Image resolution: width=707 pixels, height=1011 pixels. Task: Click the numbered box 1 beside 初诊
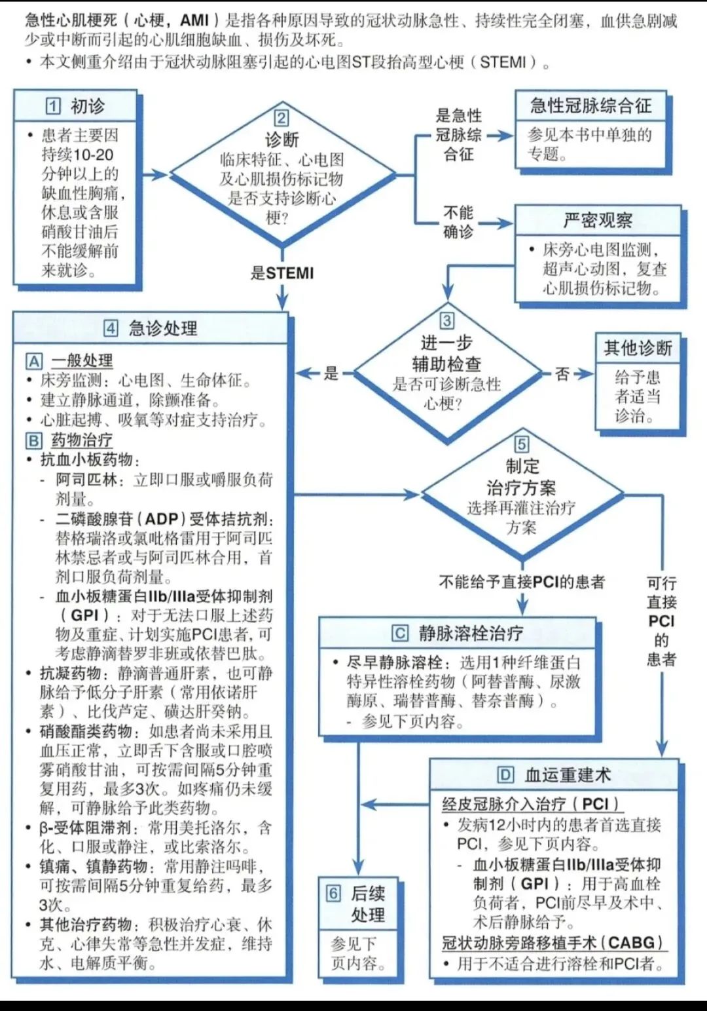point(53,107)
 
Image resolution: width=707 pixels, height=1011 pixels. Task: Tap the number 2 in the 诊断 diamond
point(281,118)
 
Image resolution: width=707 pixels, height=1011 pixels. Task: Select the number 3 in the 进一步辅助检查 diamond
point(446,320)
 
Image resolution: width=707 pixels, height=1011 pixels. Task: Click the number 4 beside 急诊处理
point(111,328)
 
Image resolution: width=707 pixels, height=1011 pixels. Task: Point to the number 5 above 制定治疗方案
point(522,444)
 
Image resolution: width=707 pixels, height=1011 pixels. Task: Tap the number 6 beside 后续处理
point(333,893)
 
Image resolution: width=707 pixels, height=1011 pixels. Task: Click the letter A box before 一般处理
point(34,361)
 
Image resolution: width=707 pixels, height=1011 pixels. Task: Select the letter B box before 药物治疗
point(34,440)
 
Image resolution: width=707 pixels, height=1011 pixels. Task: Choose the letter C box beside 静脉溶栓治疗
point(399,633)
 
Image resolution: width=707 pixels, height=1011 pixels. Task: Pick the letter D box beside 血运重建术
point(505,775)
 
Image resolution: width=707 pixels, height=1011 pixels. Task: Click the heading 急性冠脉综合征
point(590,106)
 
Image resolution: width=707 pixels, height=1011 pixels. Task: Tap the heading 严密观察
point(598,220)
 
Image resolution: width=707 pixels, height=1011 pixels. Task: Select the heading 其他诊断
point(638,348)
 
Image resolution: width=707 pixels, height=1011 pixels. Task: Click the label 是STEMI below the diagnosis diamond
point(282,273)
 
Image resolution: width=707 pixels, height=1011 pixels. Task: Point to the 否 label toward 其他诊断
point(562,373)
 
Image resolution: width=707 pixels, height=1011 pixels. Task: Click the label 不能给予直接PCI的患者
point(522,582)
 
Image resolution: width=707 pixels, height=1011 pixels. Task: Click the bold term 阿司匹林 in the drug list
point(86,480)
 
